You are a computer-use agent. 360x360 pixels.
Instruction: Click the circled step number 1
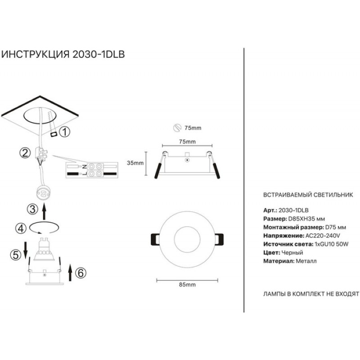(x=65, y=132)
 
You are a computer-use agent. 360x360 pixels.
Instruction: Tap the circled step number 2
(x=25, y=153)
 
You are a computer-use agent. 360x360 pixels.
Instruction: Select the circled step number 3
(x=32, y=209)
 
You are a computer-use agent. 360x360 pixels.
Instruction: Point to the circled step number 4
(x=21, y=228)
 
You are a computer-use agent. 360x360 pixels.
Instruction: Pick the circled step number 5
(x=16, y=255)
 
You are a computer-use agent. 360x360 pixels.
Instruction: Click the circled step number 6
(x=81, y=273)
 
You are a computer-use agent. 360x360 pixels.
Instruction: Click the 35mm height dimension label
(x=135, y=163)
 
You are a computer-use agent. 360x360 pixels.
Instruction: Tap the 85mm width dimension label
(x=187, y=285)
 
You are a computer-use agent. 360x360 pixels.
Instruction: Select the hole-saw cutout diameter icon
(x=177, y=128)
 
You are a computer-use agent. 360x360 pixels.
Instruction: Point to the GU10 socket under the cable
(x=43, y=193)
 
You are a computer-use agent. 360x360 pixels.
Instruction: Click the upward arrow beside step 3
(x=44, y=212)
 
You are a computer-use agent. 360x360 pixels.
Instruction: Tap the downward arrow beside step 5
(x=25, y=249)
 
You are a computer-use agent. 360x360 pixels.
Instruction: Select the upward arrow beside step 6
(x=70, y=273)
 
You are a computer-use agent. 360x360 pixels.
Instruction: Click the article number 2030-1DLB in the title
(x=99, y=54)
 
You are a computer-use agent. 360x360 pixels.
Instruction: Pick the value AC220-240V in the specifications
(x=323, y=236)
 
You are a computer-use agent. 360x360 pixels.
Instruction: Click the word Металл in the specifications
(x=306, y=261)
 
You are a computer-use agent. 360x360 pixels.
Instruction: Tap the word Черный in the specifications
(x=292, y=252)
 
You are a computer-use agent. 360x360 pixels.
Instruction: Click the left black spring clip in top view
(x=155, y=240)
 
